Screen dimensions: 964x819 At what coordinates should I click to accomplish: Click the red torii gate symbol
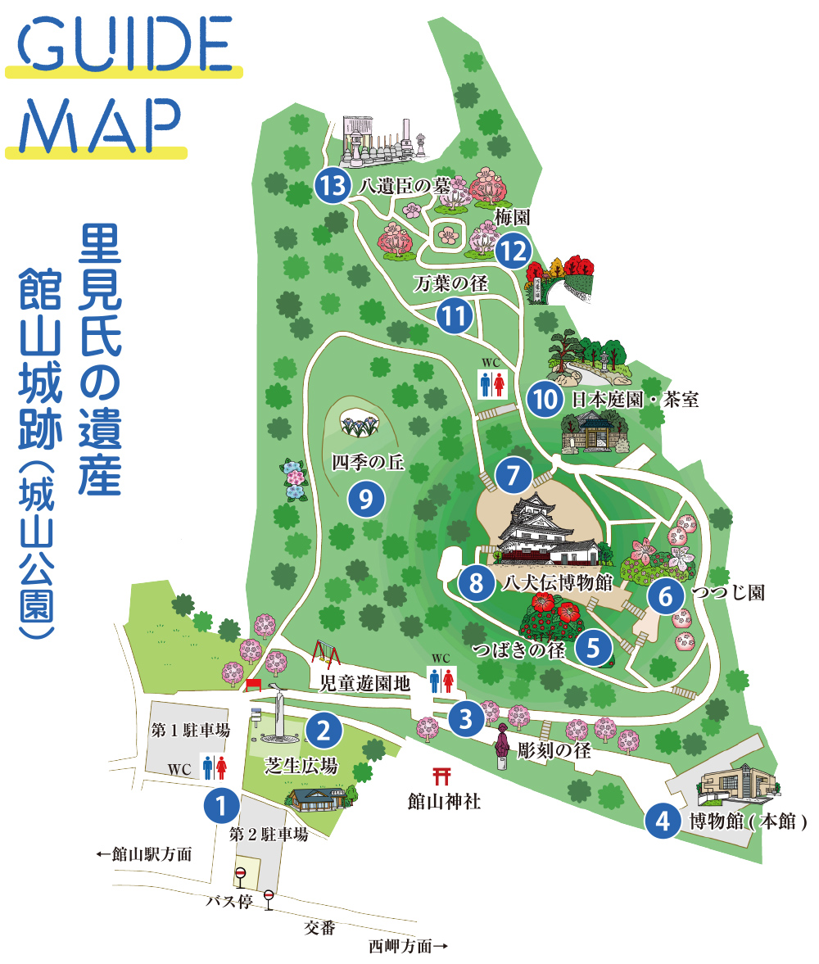[x=443, y=773]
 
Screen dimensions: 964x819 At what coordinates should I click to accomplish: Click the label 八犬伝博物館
[x=559, y=582]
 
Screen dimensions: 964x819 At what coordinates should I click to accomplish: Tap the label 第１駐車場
[x=190, y=729]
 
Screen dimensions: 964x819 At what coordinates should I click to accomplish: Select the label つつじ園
[x=727, y=592]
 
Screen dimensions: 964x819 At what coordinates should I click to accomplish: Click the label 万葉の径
[x=450, y=284]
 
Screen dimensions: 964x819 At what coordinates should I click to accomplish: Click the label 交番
[x=319, y=927]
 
